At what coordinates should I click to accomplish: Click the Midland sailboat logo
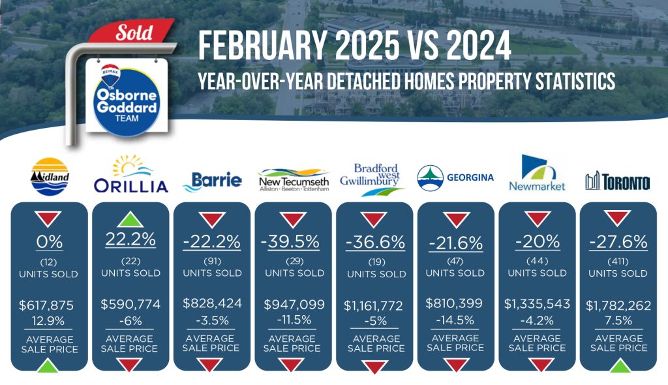click(x=50, y=176)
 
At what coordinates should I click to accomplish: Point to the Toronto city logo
click(x=618, y=181)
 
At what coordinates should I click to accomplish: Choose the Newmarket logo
click(x=538, y=173)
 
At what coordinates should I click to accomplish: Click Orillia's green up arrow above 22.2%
click(x=130, y=219)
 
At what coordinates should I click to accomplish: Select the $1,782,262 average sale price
click(x=618, y=305)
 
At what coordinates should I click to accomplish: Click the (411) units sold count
click(x=618, y=262)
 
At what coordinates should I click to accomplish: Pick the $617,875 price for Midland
click(x=46, y=305)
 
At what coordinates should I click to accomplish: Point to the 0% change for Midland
click(x=50, y=242)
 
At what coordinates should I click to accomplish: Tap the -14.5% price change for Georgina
click(x=455, y=320)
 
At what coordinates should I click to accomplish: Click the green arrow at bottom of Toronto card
click(x=620, y=365)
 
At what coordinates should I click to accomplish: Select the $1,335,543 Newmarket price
click(x=537, y=303)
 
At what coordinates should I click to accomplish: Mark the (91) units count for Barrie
click(x=212, y=261)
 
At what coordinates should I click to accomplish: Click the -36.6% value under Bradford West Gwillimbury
click(x=375, y=243)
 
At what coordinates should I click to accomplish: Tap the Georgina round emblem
click(x=431, y=177)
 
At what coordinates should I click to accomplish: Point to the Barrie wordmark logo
click(x=212, y=181)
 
